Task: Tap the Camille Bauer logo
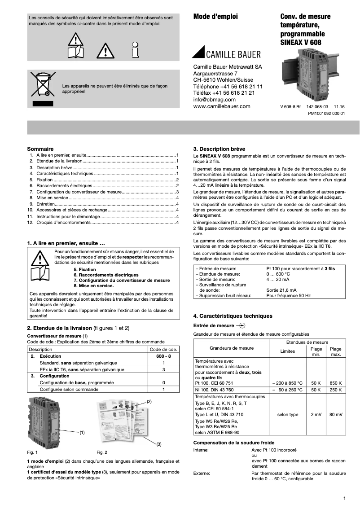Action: (226, 53)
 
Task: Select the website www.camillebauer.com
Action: (222, 106)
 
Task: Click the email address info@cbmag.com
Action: (214, 100)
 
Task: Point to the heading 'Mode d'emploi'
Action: (215, 17)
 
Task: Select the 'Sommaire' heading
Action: (40, 149)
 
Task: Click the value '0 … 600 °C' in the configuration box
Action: (278, 274)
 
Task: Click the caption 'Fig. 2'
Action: (102, 452)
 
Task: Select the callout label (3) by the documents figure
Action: (158, 444)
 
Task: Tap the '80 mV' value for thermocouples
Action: (335, 415)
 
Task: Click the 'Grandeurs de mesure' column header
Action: (231, 348)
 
